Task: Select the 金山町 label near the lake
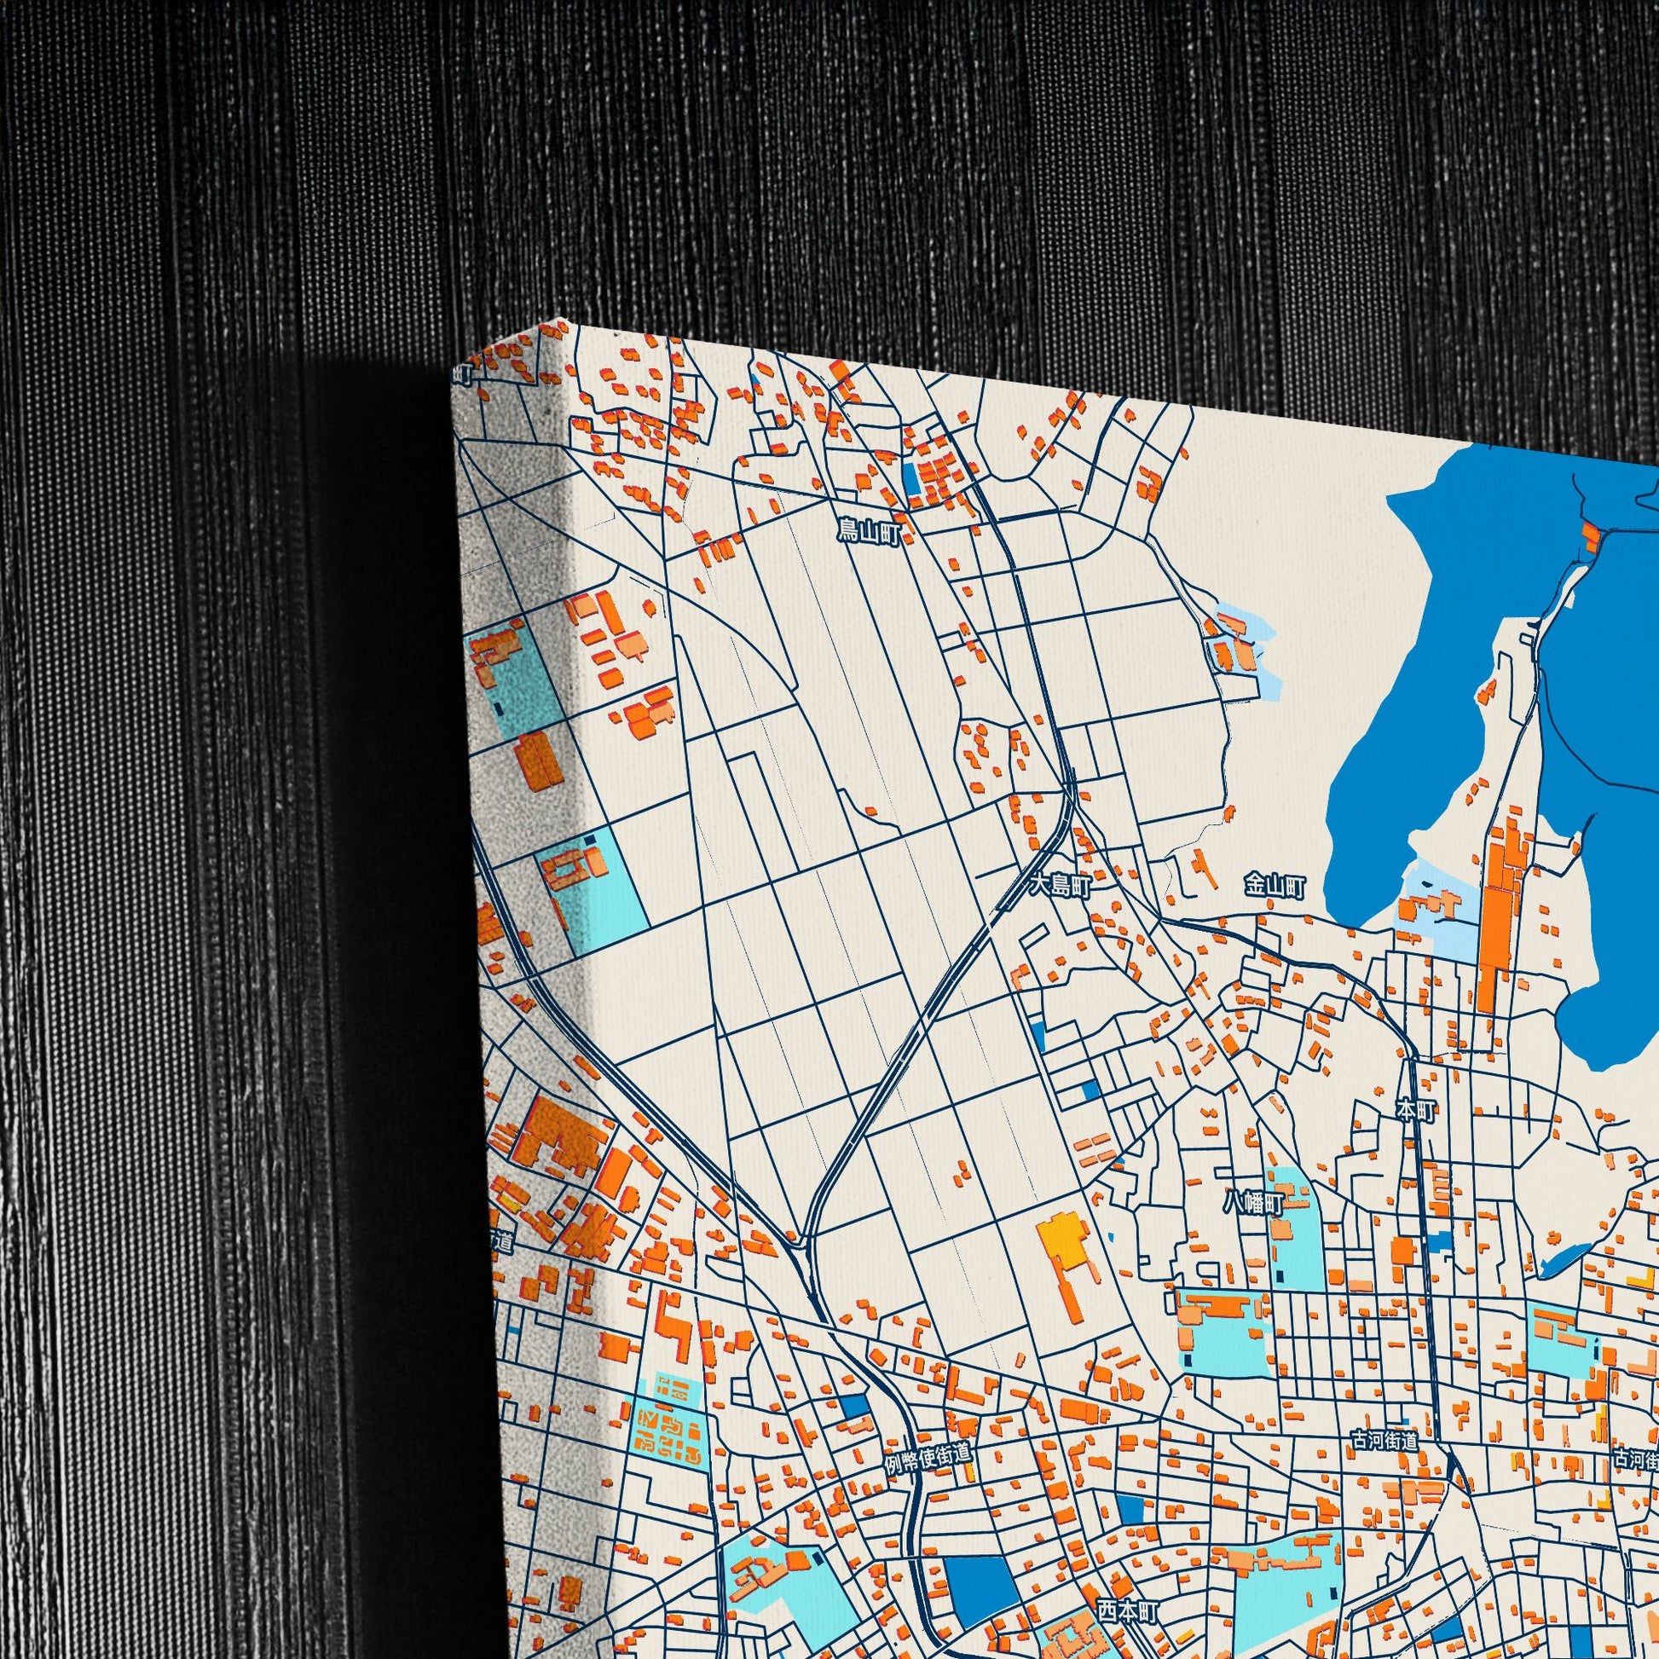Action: (x=1275, y=886)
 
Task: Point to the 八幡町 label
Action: (x=1253, y=1204)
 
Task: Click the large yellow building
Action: (x=1062, y=1259)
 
